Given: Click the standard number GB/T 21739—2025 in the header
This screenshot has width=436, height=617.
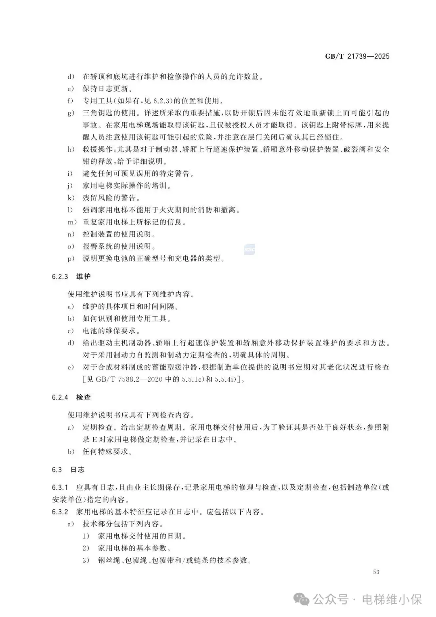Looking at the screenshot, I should [357, 56].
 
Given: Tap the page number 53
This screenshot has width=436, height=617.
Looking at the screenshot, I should [376, 572].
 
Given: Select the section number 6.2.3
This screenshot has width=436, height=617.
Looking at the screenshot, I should [60, 277].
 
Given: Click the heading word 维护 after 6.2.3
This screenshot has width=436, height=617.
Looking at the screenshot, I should [84, 277].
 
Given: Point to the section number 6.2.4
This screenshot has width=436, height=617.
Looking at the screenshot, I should [60, 397].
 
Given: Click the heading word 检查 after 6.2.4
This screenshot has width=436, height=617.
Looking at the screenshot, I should [84, 397].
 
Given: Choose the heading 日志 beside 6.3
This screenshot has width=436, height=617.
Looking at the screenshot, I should [78, 470].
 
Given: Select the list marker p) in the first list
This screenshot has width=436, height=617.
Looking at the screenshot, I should [71, 259].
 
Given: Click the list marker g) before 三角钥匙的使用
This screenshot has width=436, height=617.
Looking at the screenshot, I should [71, 113].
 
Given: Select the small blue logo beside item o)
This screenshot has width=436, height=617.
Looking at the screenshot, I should [249, 250].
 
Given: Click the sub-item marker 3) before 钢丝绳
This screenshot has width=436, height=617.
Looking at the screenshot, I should [86, 560].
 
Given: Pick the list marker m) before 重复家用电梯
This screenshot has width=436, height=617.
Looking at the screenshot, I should [72, 222].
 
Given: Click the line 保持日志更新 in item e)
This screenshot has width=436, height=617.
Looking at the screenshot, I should [107, 89].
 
